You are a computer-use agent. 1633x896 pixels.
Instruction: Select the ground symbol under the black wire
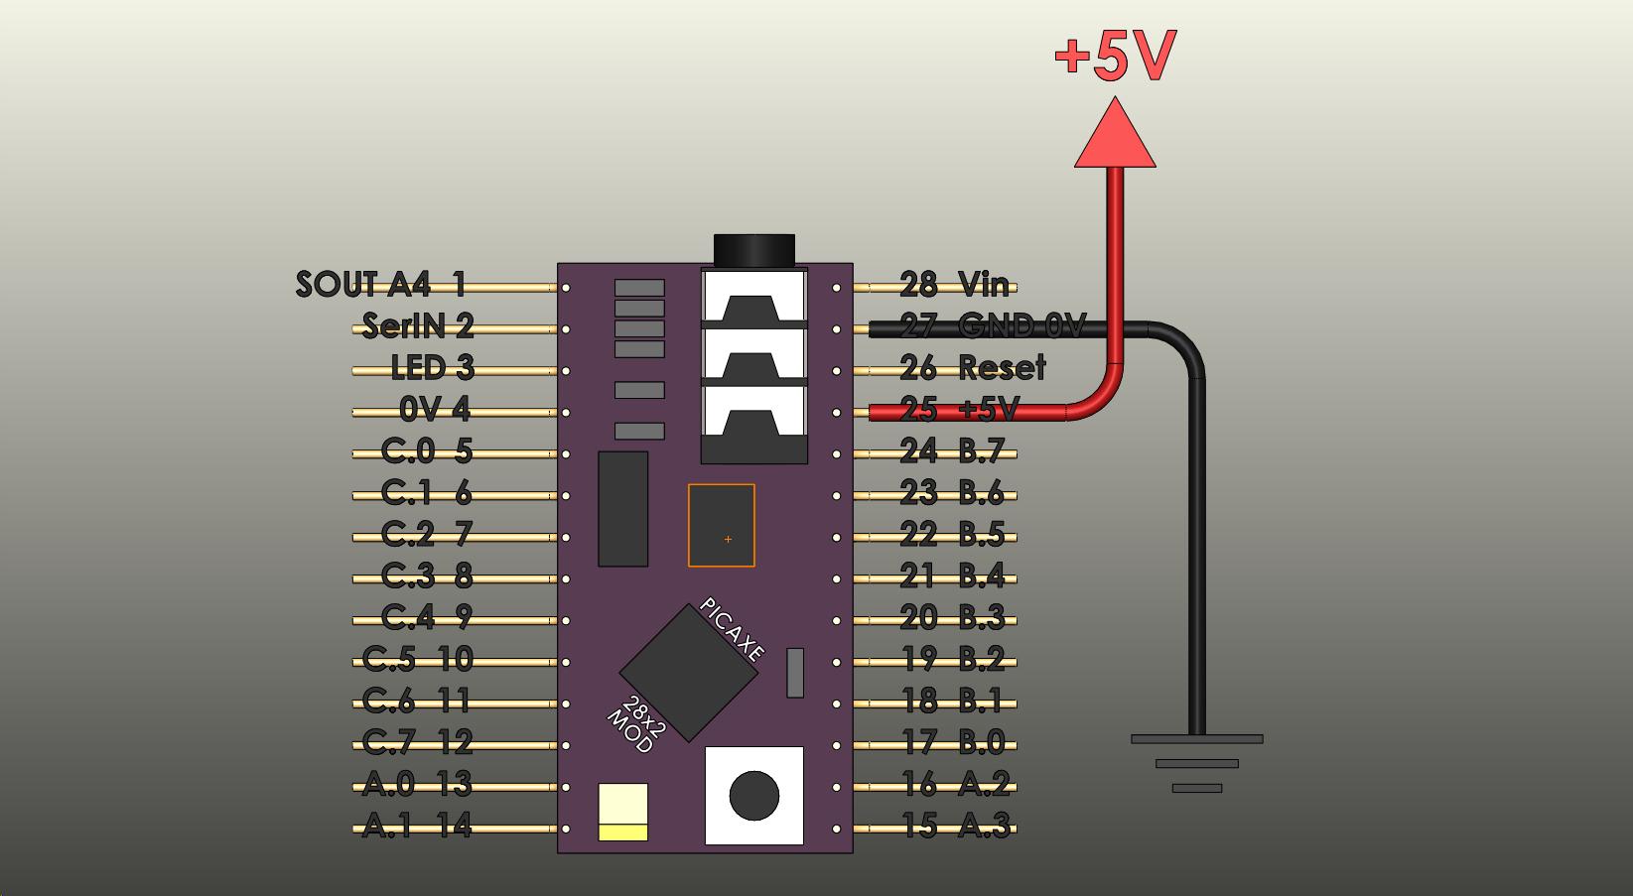[x=1196, y=763]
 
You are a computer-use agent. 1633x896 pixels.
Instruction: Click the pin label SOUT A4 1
[x=381, y=285]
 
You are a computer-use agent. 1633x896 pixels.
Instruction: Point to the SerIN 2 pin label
[x=418, y=326]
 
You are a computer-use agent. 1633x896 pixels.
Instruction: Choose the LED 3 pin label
[x=433, y=368]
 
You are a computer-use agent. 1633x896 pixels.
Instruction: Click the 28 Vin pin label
[x=954, y=285]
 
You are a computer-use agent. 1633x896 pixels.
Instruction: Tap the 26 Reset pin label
[x=972, y=368]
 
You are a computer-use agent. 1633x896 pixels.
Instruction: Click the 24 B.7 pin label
[x=952, y=451]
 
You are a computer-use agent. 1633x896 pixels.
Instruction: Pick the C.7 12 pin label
[x=417, y=742]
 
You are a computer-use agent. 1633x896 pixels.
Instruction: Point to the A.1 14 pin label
[x=417, y=826]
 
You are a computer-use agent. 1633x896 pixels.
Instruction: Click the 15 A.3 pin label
[x=955, y=826]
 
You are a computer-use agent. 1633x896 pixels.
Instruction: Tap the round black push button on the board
[x=754, y=795]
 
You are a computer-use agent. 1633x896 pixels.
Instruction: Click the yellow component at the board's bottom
[x=623, y=812]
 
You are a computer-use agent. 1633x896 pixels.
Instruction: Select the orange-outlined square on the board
[x=722, y=525]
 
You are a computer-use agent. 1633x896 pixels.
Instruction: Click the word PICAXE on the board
[x=733, y=630]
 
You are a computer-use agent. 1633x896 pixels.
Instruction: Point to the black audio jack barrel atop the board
[x=754, y=250]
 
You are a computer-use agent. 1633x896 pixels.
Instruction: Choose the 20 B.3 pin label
[x=952, y=617]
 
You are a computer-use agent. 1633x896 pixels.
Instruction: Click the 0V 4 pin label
[x=435, y=410]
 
